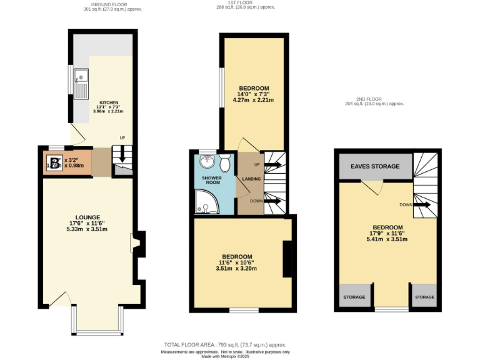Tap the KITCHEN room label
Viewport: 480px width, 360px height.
109,102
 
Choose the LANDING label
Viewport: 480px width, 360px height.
251,179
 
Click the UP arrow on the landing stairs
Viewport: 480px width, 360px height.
272,165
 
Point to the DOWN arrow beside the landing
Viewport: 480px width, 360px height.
272,201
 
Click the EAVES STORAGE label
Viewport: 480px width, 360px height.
375,167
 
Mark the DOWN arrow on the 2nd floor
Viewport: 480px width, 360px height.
422,205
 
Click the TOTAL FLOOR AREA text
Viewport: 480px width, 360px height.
225,344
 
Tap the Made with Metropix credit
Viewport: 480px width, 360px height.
225,356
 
